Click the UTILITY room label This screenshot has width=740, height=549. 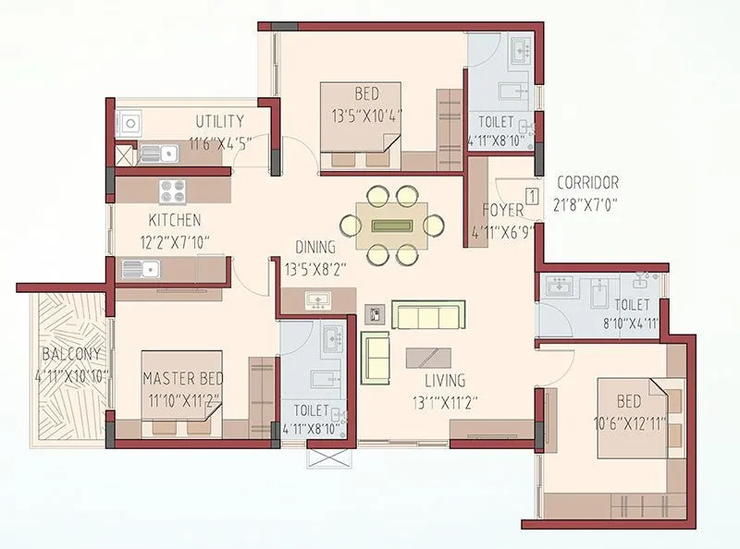(x=220, y=121)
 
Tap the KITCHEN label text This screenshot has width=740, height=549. (x=175, y=220)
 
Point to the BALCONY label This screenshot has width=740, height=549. (x=71, y=354)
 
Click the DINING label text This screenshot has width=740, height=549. (x=315, y=247)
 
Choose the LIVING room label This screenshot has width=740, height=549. (x=439, y=380)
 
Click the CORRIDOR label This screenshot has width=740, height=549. (x=586, y=183)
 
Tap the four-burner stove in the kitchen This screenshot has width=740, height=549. (x=172, y=190)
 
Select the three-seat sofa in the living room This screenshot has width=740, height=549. (x=426, y=315)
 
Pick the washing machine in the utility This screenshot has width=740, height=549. (x=127, y=124)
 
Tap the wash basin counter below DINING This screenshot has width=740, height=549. (x=317, y=300)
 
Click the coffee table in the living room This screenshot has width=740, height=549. (x=428, y=358)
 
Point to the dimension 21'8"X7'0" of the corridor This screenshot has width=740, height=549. (x=586, y=204)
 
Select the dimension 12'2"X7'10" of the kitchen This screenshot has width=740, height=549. (x=175, y=241)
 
